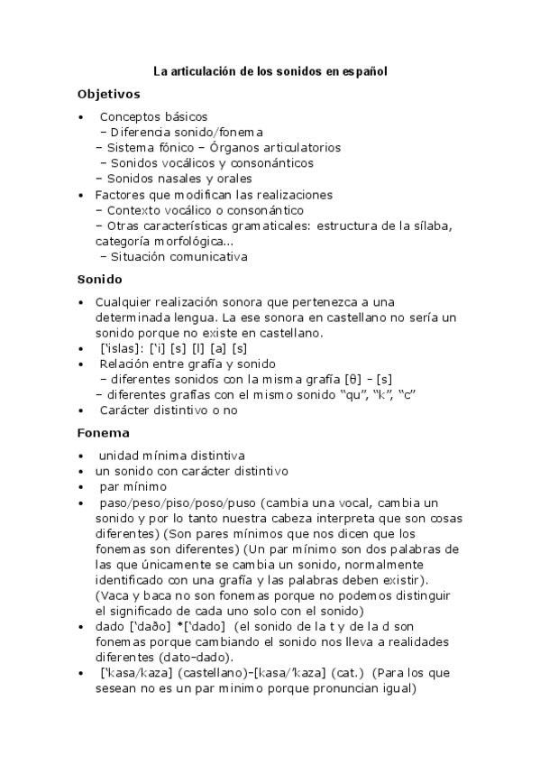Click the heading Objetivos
pos(108,93)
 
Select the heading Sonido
pos(99,279)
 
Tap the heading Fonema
pos(104,432)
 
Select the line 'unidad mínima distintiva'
pos(171,456)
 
